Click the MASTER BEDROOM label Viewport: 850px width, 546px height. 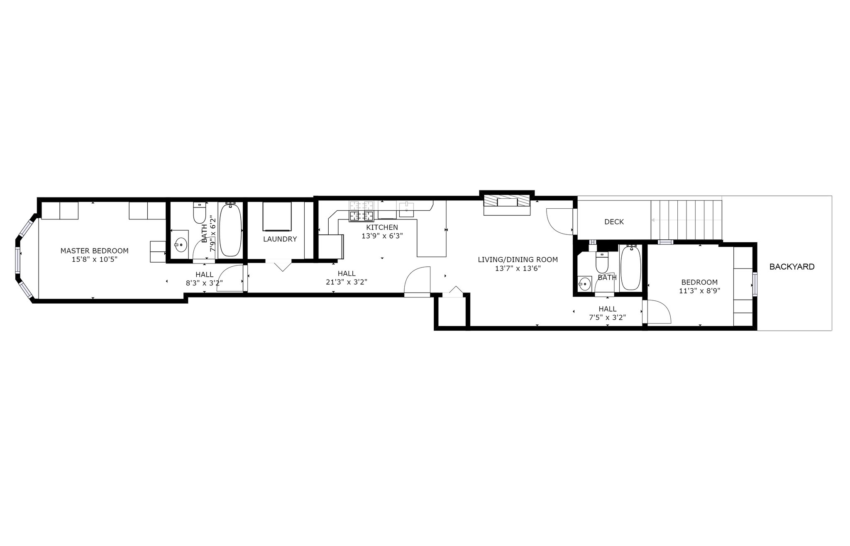(94, 251)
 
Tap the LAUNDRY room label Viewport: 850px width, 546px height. (280, 239)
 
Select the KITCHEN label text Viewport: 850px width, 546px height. (382, 227)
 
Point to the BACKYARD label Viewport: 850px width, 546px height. (792, 267)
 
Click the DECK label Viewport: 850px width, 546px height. (614, 222)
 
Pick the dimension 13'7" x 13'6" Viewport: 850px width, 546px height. (518, 268)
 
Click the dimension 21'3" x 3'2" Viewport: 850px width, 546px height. (346, 282)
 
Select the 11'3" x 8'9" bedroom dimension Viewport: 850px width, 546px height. (699, 291)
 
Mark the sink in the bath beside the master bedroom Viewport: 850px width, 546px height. (181, 245)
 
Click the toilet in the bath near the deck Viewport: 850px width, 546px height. (602, 261)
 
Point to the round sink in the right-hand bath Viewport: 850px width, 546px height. (584, 284)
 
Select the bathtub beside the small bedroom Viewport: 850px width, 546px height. (631, 267)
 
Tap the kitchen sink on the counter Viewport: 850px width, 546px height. (406, 209)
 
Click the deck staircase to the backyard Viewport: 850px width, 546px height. (686, 220)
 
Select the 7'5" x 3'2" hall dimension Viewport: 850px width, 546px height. (607, 317)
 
